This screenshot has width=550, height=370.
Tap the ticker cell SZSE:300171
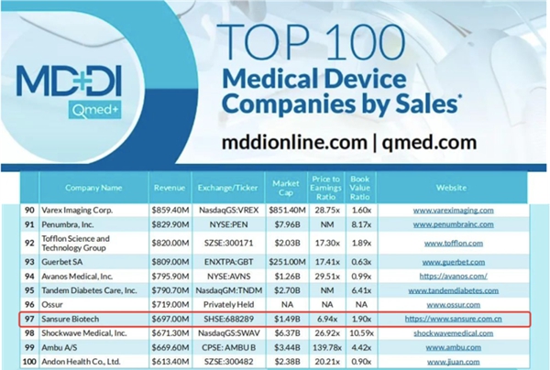tap(233, 244)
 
